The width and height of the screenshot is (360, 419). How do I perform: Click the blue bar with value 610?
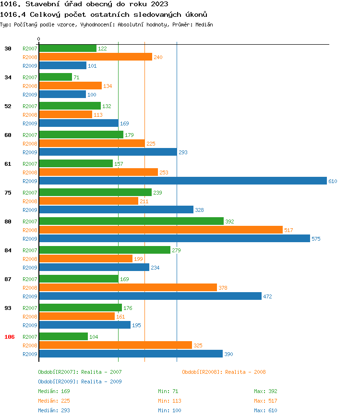click(182, 181)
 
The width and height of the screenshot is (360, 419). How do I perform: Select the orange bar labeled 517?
click(161, 230)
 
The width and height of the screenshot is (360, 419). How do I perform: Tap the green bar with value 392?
click(131, 221)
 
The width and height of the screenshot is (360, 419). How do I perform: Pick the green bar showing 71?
click(55, 77)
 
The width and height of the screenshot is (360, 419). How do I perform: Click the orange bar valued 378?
click(128, 287)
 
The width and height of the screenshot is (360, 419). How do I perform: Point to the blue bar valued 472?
click(150, 296)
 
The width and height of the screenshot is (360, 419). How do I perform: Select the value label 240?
click(158, 57)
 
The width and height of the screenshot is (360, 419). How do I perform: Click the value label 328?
click(200, 210)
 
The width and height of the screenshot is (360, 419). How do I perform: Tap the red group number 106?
click(9, 337)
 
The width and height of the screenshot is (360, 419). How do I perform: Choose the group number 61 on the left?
click(8, 164)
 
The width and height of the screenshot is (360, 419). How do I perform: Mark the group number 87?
click(8, 279)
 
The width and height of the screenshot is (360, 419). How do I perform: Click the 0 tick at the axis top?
click(38, 39)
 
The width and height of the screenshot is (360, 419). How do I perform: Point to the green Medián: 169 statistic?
click(54, 391)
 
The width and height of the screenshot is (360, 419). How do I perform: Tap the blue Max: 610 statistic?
click(265, 410)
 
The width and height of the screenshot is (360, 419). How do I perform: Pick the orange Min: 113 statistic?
click(169, 401)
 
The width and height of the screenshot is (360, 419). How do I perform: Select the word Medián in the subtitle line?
click(204, 25)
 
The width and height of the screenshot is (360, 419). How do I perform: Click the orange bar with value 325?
click(115, 345)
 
